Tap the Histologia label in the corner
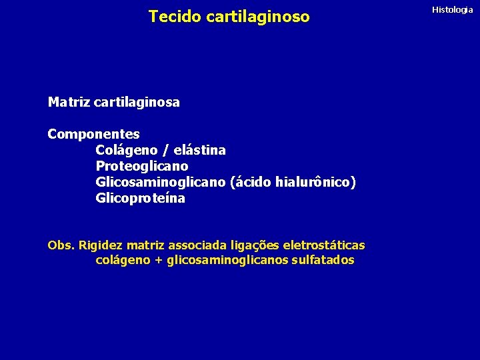453,9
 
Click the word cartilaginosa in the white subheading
137,103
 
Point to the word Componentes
93,134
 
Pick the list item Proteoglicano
142,166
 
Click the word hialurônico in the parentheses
313,182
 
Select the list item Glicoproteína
141,198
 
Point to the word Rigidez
101,245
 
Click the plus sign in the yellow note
158,261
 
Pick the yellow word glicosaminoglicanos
227,260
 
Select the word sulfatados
323,260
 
